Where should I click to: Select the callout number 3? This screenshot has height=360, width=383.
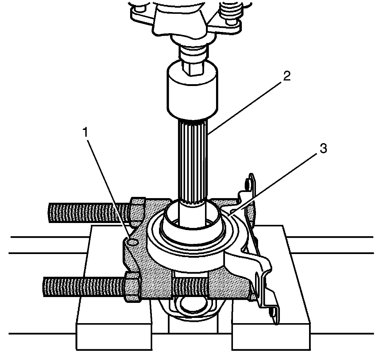pos(323,150)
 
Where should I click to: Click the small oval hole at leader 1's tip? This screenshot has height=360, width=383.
pos(133,242)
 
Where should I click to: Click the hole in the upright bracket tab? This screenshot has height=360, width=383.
pos(247,184)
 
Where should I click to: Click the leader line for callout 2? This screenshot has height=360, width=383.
pos(246,104)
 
